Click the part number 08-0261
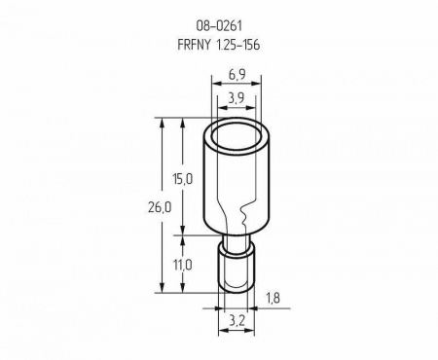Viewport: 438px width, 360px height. click(219, 25)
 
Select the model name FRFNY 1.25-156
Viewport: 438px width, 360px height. click(219, 45)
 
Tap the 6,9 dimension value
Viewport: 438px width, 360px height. click(237, 75)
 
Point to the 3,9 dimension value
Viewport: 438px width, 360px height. click(237, 98)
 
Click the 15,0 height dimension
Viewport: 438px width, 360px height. click(182, 179)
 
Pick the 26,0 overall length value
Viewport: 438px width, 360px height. click(160, 207)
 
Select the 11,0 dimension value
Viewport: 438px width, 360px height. click(182, 266)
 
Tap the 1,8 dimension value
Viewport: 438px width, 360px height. click(273, 298)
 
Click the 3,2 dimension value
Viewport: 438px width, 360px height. click(237, 321)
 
